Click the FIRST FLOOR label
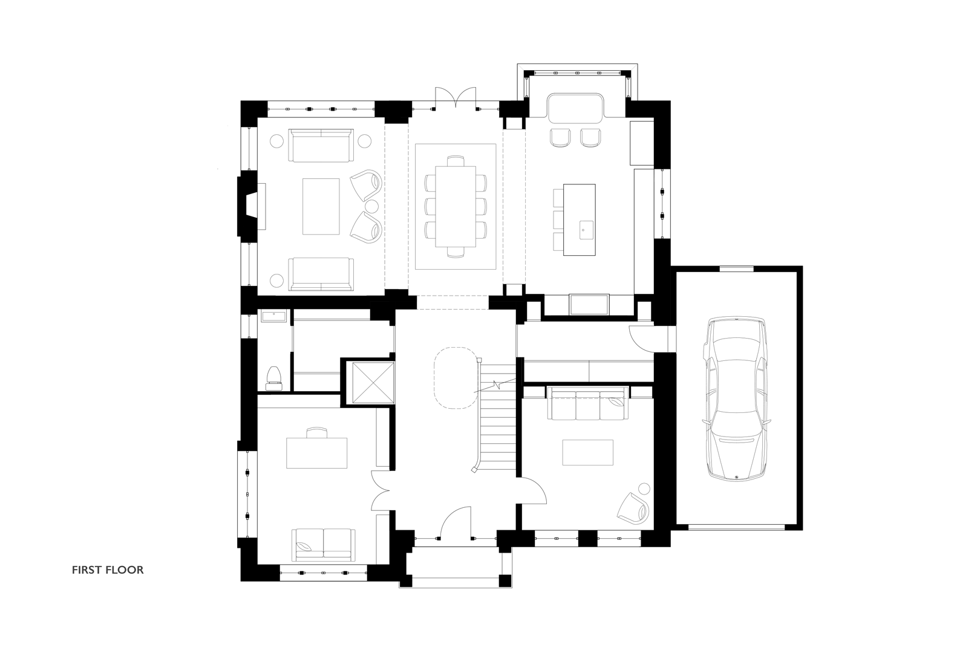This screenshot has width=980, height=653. [108, 570]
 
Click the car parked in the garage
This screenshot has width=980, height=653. [736, 399]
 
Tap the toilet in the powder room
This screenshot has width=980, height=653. [274, 378]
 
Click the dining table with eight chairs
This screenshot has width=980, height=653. [456, 206]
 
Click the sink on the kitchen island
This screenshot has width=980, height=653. [586, 230]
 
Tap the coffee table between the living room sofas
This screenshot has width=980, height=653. [321, 206]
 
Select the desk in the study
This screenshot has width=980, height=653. [317, 453]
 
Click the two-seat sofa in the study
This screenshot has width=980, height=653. [323, 545]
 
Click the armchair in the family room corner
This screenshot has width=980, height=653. [633, 508]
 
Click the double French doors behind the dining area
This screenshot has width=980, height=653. [455, 97]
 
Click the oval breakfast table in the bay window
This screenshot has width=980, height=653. [576, 108]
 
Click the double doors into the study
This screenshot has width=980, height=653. [381, 491]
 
